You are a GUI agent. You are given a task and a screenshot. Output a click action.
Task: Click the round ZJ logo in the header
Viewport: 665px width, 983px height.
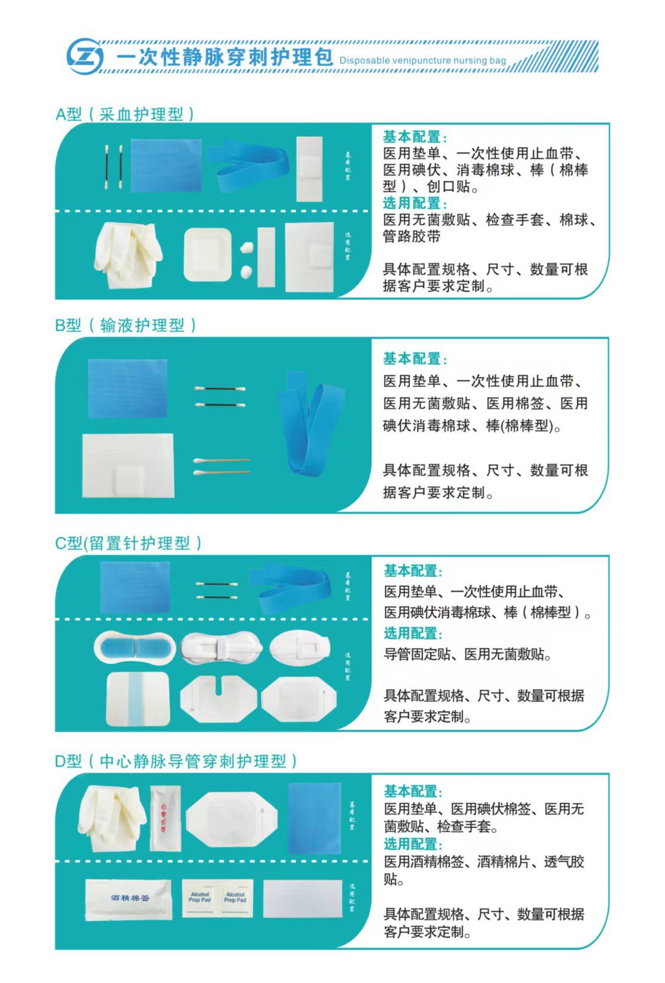pyautogui.click(x=84, y=57)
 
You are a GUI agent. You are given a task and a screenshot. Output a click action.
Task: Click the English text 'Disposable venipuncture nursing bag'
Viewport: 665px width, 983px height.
pyautogui.click(x=422, y=60)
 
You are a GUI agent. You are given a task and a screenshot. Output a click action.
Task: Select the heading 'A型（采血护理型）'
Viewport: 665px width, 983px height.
pyautogui.click(x=125, y=114)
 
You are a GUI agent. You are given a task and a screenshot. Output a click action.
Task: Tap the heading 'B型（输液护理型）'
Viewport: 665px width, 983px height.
pyautogui.click(x=126, y=325)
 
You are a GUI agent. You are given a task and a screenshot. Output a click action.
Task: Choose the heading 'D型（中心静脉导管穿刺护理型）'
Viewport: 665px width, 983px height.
pyautogui.click(x=176, y=761)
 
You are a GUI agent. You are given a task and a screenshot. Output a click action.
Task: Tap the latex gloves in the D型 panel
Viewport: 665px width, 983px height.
pyautogui.click(x=113, y=816)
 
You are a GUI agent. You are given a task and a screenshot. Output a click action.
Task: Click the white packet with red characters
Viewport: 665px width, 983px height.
pyautogui.click(x=165, y=817)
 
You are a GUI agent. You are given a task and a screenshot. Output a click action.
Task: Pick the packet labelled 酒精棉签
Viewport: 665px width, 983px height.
pyautogui.click(x=129, y=899)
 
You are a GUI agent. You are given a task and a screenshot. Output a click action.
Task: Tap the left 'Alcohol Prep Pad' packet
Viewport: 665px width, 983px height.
pyautogui.click(x=200, y=899)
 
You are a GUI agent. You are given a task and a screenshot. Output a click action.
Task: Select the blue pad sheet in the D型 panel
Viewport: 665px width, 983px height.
pyautogui.click(x=315, y=816)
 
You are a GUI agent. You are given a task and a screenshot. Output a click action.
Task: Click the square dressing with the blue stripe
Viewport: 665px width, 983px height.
pyautogui.click(x=137, y=698)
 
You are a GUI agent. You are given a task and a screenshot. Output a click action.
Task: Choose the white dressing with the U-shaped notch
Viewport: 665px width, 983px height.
pyautogui.click(x=219, y=698)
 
